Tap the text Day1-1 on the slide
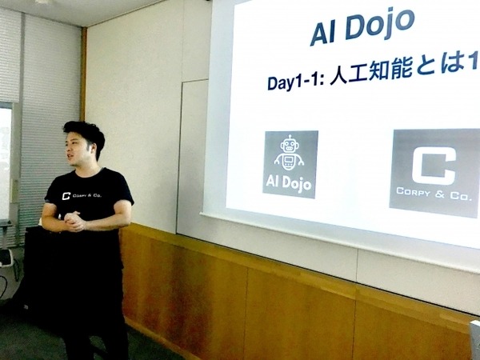[x=297, y=82]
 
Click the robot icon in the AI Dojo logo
[x=290, y=154]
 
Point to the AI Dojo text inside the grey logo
[x=290, y=183]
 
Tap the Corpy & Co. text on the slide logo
[x=435, y=192]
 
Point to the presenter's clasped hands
[x=74, y=222]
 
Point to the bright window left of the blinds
[x=6, y=160]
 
